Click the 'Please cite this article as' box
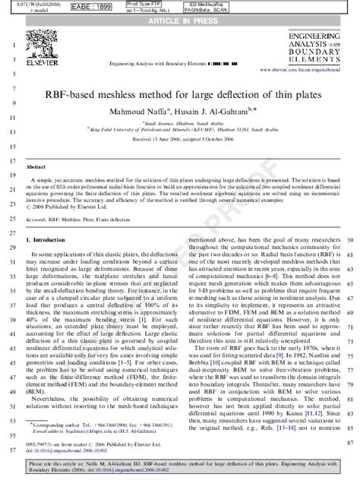coord(179,465)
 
